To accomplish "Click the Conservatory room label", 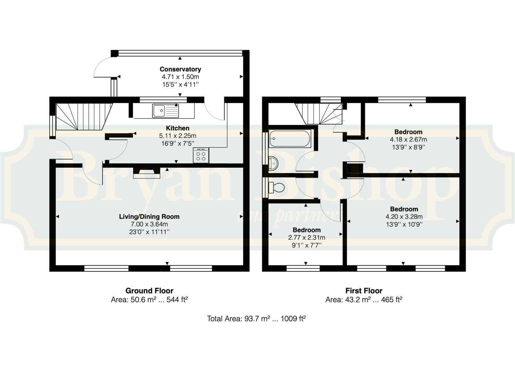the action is pyautogui.click(x=180, y=69).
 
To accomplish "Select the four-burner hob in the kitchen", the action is pyautogui.click(x=201, y=155).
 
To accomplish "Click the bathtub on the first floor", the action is pyautogui.click(x=290, y=138).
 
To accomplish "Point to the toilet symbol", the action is pyautogui.click(x=277, y=187).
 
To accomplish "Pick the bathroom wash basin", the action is pyautogui.click(x=273, y=164).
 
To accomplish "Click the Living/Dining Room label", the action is pyautogui.click(x=149, y=217).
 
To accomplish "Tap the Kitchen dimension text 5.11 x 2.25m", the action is pyautogui.click(x=178, y=136).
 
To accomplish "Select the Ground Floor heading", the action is pyautogui.click(x=149, y=291).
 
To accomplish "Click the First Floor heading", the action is pyautogui.click(x=364, y=291).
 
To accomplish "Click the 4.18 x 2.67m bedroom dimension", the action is pyautogui.click(x=408, y=140).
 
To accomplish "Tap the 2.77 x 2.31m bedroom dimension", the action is pyautogui.click(x=307, y=237).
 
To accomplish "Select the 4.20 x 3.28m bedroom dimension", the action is pyautogui.click(x=404, y=217).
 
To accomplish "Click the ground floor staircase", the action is pyautogui.click(x=84, y=117).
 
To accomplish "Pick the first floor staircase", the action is pyautogui.click(x=319, y=114).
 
